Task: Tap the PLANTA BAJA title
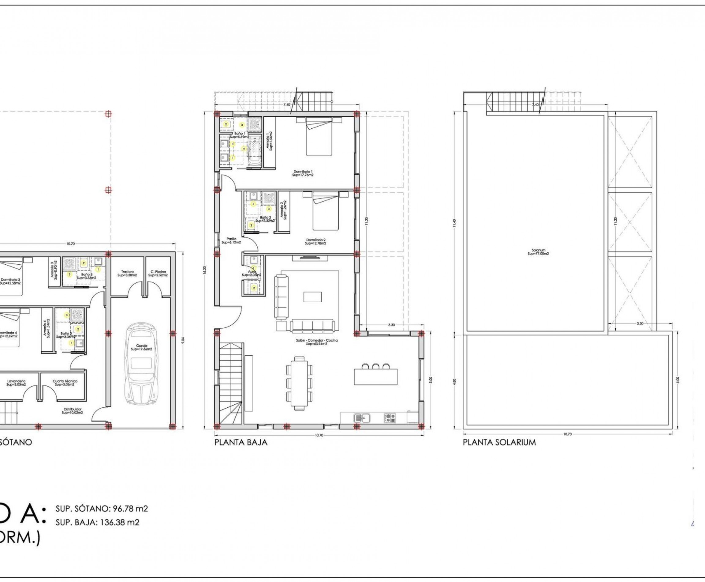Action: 241,442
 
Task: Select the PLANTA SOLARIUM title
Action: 499,442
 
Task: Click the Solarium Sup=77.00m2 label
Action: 538,252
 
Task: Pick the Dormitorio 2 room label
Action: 315,241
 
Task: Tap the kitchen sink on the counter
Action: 362,418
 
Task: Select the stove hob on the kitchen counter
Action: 390,418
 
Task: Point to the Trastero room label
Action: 127,273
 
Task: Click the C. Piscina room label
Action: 158,273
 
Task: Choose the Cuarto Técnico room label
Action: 65,383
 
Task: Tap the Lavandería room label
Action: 16,383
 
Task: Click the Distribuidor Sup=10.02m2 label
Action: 72,411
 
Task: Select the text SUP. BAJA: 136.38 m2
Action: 97,522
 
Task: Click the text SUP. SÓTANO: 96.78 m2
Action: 102,508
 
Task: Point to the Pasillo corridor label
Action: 231,240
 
